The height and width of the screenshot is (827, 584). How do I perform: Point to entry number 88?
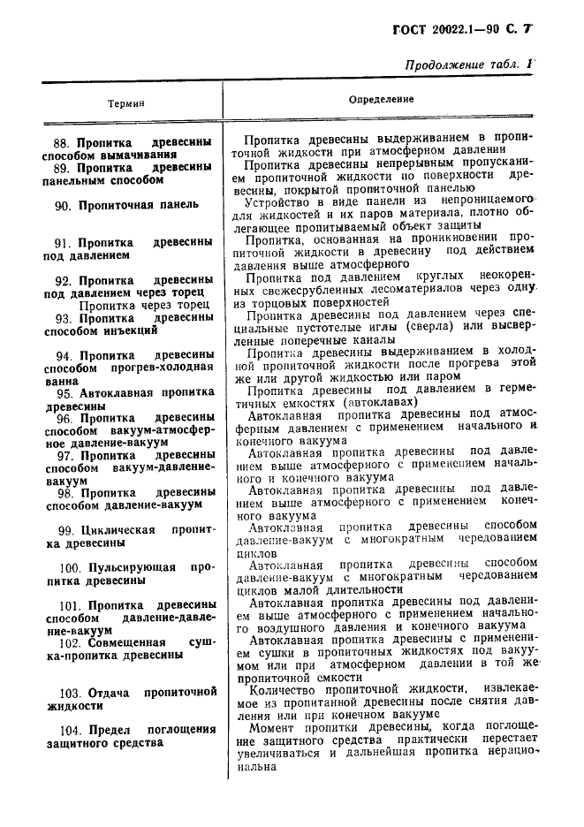pos(62,141)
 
